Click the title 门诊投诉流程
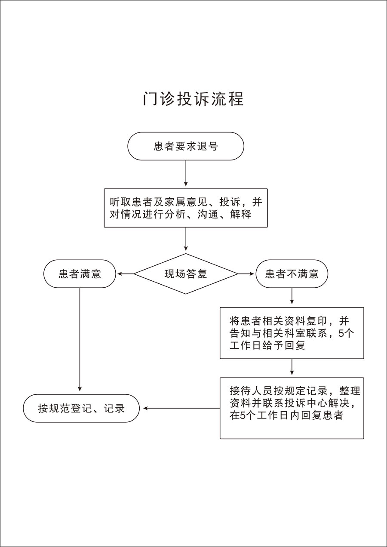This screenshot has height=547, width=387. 193,99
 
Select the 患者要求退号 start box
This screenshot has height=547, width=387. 186,146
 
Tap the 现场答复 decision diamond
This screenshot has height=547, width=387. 186,274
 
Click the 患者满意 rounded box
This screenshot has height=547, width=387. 80,274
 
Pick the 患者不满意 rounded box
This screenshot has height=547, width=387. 292,274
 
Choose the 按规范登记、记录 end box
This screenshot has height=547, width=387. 81,408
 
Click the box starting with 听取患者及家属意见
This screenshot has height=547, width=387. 186,208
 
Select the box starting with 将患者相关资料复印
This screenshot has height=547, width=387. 292,333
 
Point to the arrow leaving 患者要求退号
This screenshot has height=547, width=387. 186,173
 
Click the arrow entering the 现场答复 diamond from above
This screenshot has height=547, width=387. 186,239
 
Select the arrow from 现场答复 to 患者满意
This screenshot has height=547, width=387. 126,274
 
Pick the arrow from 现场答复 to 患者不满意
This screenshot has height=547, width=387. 246,274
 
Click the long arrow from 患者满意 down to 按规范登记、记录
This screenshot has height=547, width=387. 80,339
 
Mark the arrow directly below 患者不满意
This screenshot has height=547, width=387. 292,296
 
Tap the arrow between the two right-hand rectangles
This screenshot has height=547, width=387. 292,367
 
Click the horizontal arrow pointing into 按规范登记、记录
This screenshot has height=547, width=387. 181,408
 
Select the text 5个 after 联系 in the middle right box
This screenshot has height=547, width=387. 346,333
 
